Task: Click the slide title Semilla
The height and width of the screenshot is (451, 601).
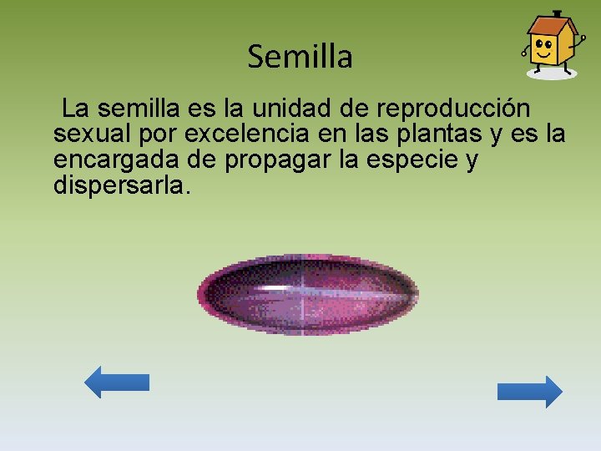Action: tap(300, 57)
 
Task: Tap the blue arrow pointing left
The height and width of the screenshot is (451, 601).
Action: tap(116, 383)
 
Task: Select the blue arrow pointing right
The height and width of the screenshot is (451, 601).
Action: tap(530, 392)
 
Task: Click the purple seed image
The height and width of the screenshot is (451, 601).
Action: tap(308, 295)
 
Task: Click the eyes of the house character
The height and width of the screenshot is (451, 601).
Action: tap(544, 44)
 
